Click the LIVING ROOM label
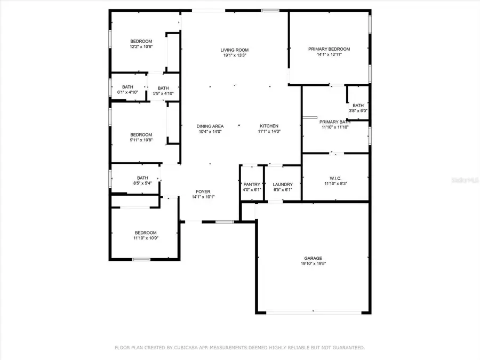tap(235, 50)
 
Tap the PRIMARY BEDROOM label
tap(329, 49)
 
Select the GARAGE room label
tap(313, 258)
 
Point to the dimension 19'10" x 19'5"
tap(313, 263)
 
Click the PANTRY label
tap(252, 184)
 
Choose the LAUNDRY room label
tap(283, 184)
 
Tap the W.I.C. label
tap(335, 179)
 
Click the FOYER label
tap(203, 191)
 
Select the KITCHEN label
tap(269, 126)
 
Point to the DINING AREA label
tap(210, 126)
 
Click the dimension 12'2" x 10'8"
tap(141, 47)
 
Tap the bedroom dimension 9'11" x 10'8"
tap(141, 140)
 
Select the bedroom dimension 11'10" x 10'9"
tap(146, 238)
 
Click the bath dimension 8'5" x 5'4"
tap(142, 183)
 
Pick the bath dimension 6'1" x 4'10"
tap(127, 92)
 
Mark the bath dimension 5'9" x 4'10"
tap(163, 94)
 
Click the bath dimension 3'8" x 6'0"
tap(358, 110)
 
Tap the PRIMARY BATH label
tap(335, 122)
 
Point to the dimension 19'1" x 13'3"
tap(235, 55)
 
